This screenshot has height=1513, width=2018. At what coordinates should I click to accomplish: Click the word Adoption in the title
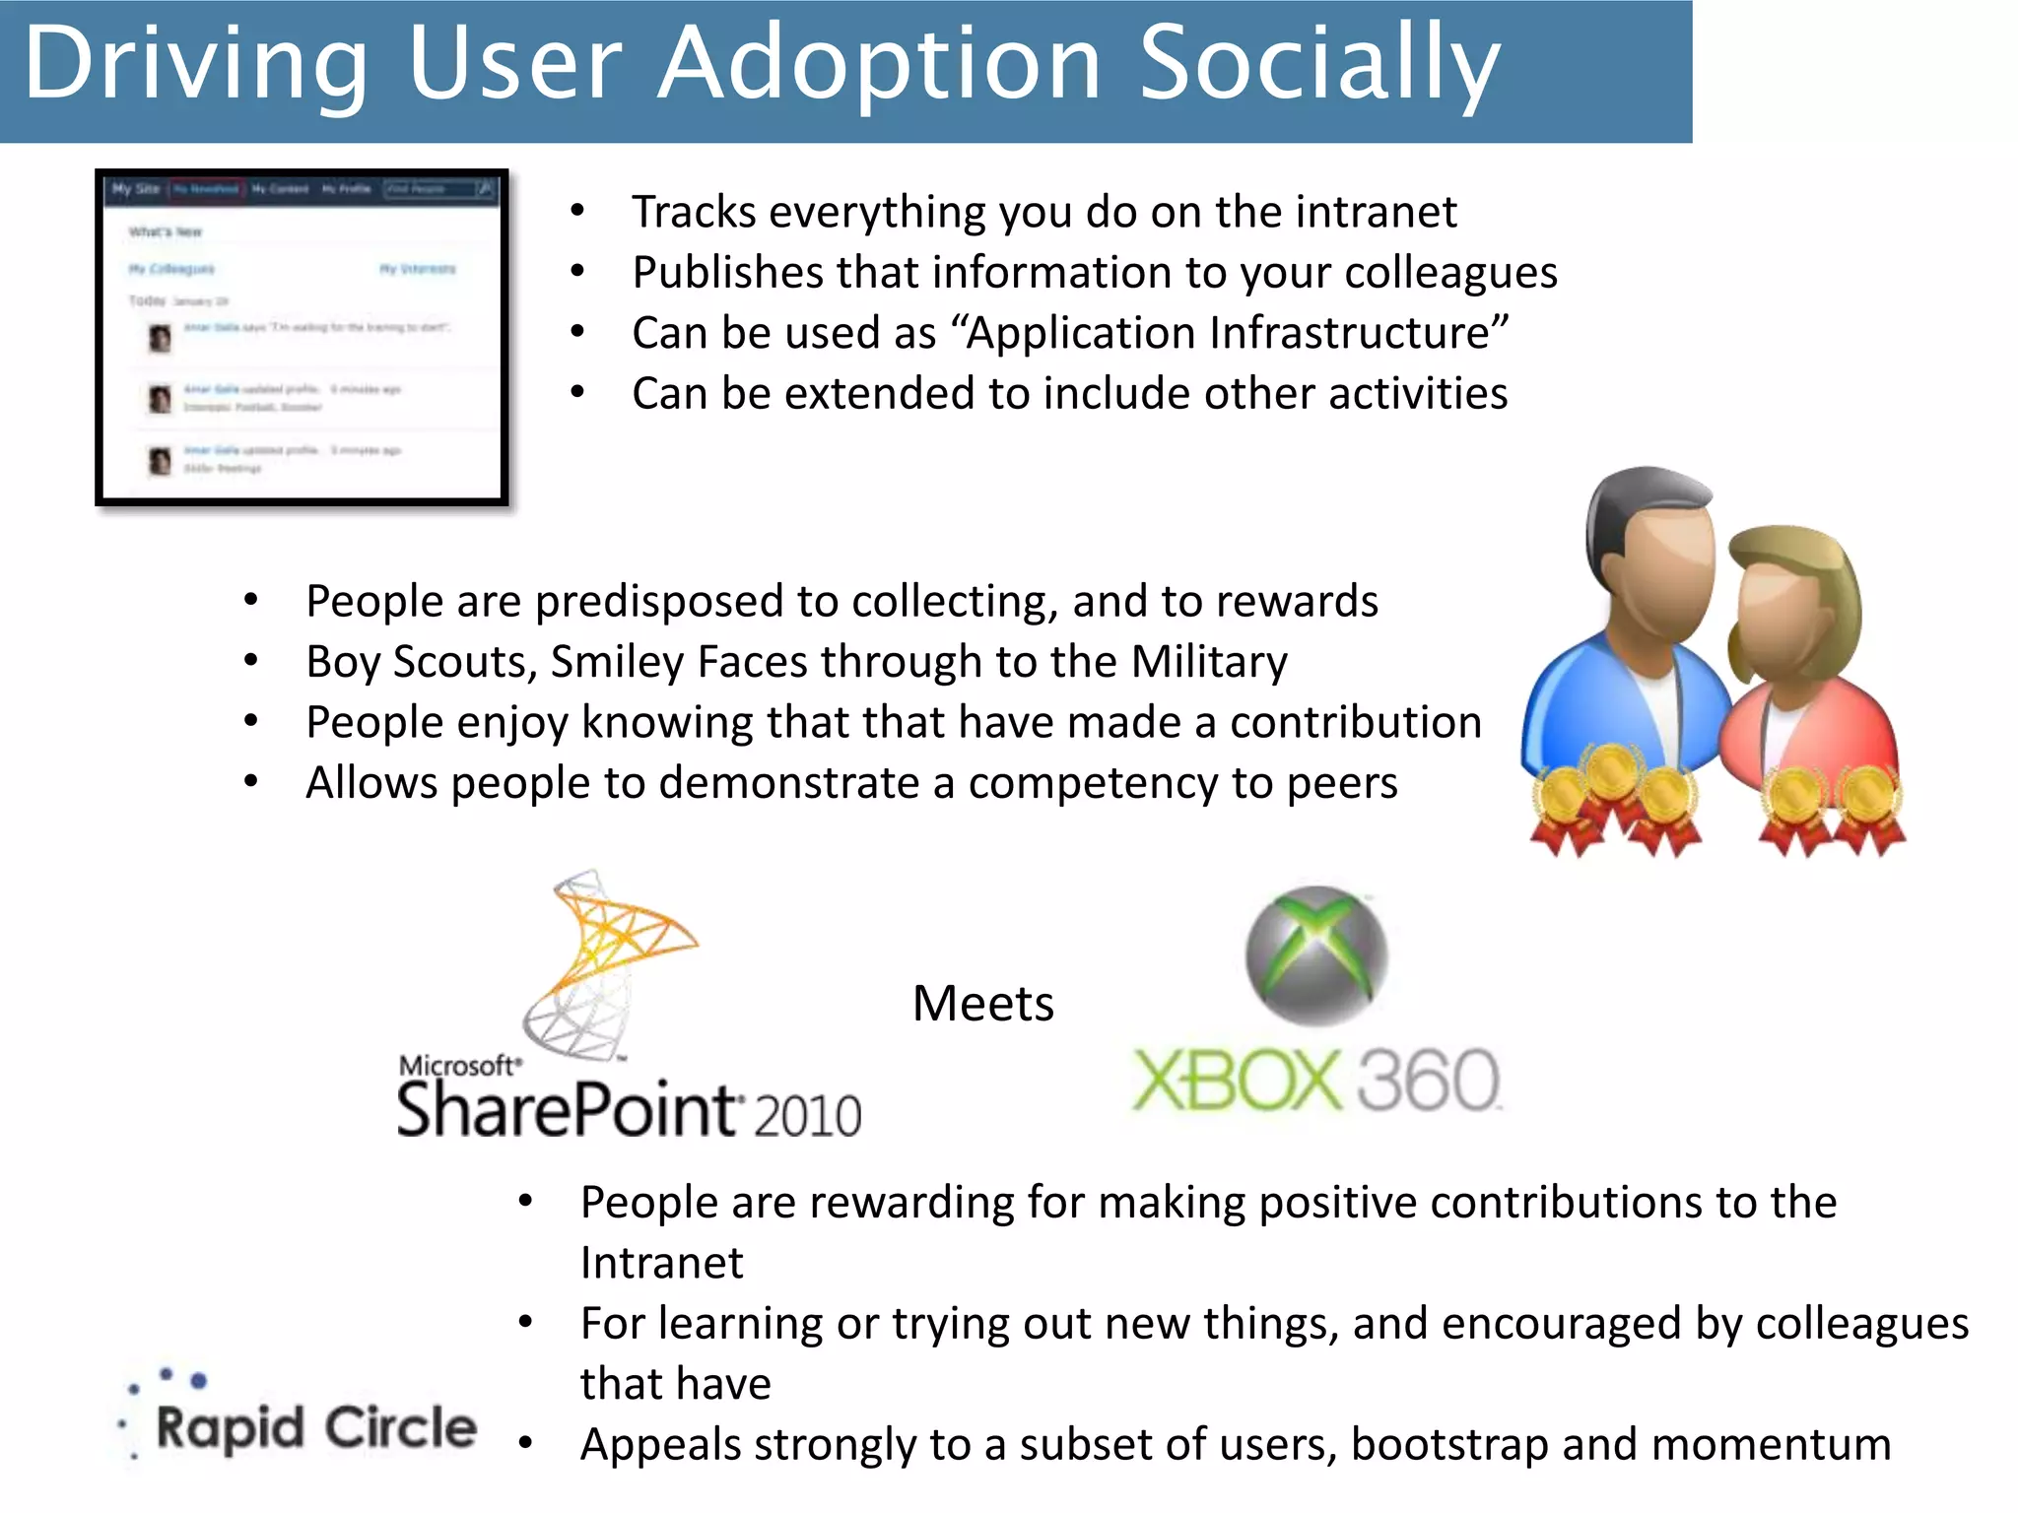[x=879, y=65]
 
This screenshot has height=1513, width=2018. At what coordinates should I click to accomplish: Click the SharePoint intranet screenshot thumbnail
[x=303, y=338]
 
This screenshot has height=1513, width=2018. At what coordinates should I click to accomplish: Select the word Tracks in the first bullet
[x=694, y=213]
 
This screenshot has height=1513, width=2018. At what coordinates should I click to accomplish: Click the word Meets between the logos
[x=982, y=1005]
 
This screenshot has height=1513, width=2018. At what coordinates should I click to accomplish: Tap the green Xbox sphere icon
[x=1315, y=955]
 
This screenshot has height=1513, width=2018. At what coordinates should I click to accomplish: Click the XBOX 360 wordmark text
[x=1315, y=1081]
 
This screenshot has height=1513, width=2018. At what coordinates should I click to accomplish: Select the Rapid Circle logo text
[x=315, y=1427]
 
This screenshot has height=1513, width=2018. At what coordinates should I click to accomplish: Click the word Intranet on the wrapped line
[x=661, y=1264]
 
